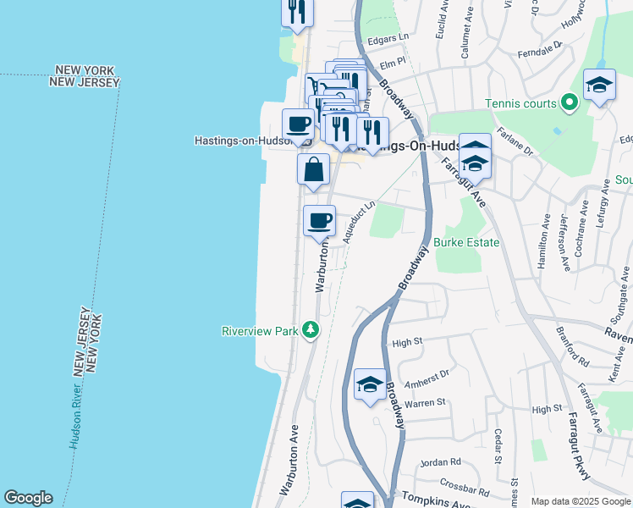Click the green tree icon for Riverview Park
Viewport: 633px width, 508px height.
point(311,330)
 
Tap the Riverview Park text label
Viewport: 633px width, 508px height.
point(260,331)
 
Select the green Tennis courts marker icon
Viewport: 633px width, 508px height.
point(570,104)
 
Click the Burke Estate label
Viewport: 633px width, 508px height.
point(466,242)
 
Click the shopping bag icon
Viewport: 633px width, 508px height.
point(313,168)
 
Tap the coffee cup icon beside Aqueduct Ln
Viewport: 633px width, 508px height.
point(320,221)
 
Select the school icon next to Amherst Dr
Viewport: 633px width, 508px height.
point(370,385)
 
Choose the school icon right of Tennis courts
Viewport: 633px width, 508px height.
point(599,85)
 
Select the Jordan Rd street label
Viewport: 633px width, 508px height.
point(441,462)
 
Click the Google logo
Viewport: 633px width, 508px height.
point(28,498)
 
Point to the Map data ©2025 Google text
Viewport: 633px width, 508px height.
point(581,501)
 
